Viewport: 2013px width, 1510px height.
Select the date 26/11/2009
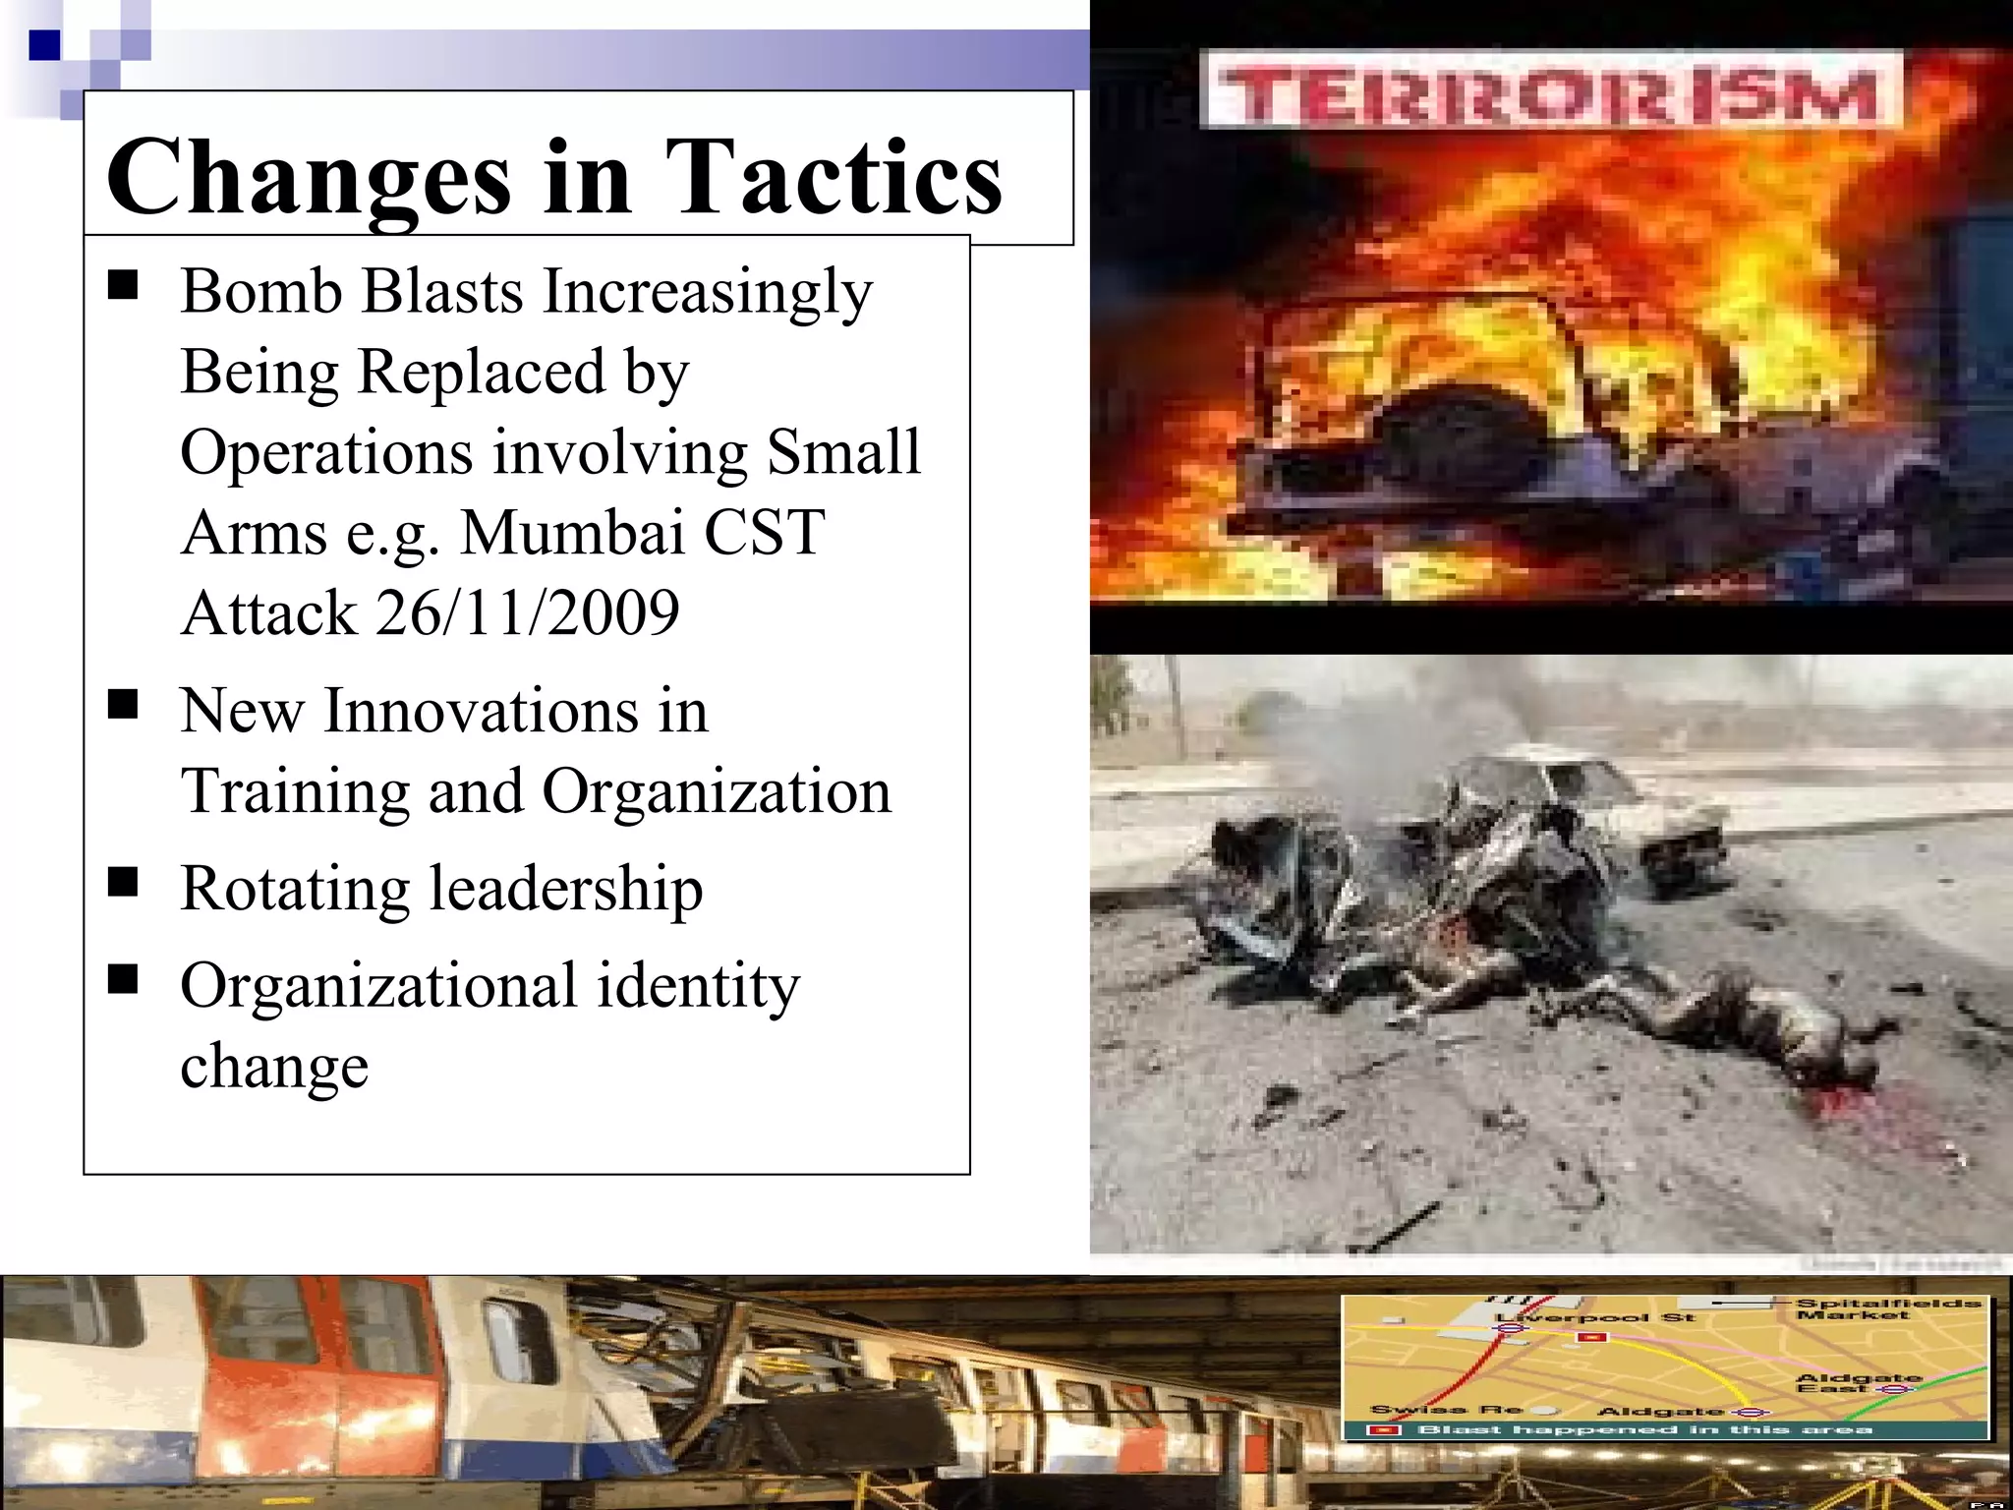click(x=528, y=612)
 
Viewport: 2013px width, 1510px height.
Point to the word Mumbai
click(x=573, y=533)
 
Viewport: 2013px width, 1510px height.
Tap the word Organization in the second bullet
click(x=717, y=790)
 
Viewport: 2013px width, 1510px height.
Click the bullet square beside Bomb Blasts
click(x=123, y=286)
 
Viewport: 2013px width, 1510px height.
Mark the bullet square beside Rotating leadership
click(x=123, y=883)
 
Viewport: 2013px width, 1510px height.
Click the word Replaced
click(x=482, y=372)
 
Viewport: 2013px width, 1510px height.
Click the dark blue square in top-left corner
click(x=44, y=45)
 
